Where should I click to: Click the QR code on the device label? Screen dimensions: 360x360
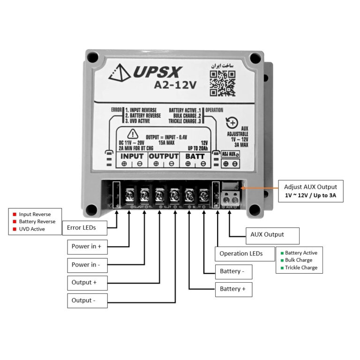click(x=222, y=83)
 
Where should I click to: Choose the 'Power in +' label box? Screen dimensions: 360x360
click(x=87, y=246)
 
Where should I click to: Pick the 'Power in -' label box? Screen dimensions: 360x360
click(x=87, y=264)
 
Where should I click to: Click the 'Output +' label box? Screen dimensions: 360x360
click(x=87, y=283)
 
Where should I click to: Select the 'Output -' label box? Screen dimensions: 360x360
click(x=87, y=300)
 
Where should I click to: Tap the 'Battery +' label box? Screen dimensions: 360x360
click(x=233, y=289)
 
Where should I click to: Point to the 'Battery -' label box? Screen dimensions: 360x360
click(x=233, y=271)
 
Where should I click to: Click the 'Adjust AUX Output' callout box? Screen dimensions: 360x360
click(x=310, y=190)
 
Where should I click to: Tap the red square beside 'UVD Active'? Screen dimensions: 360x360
click(x=15, y=230)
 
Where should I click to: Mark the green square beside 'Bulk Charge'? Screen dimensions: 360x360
click(x=282, y=260)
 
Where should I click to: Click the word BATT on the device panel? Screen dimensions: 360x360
click(x=195, y=156)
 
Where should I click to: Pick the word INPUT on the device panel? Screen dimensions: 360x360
click(x=132, y=156)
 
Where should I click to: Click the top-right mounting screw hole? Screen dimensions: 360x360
click(x=255, y=59)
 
